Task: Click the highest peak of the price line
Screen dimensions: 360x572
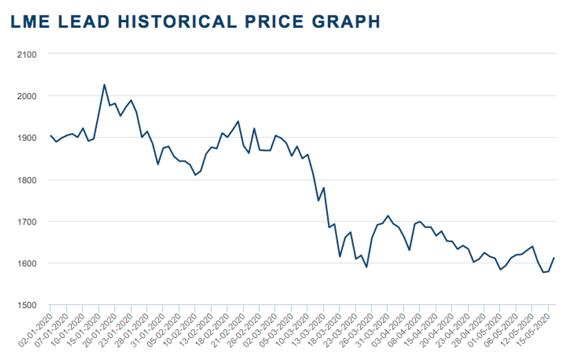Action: coord(104,85)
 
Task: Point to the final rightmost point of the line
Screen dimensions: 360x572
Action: coord(554,258)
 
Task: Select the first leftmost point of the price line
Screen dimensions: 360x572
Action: coord(50,135)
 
